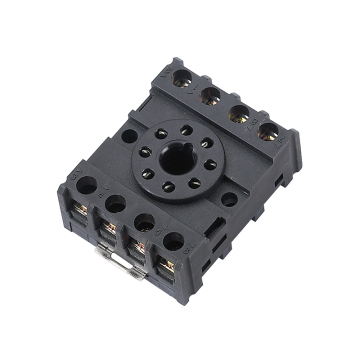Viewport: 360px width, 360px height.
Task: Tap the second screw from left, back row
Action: (212, 94)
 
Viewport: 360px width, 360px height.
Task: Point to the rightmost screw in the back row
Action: (267, 130)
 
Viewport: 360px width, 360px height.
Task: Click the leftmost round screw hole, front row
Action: (81, 185)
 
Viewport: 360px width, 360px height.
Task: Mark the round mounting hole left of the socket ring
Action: (129, 139)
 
